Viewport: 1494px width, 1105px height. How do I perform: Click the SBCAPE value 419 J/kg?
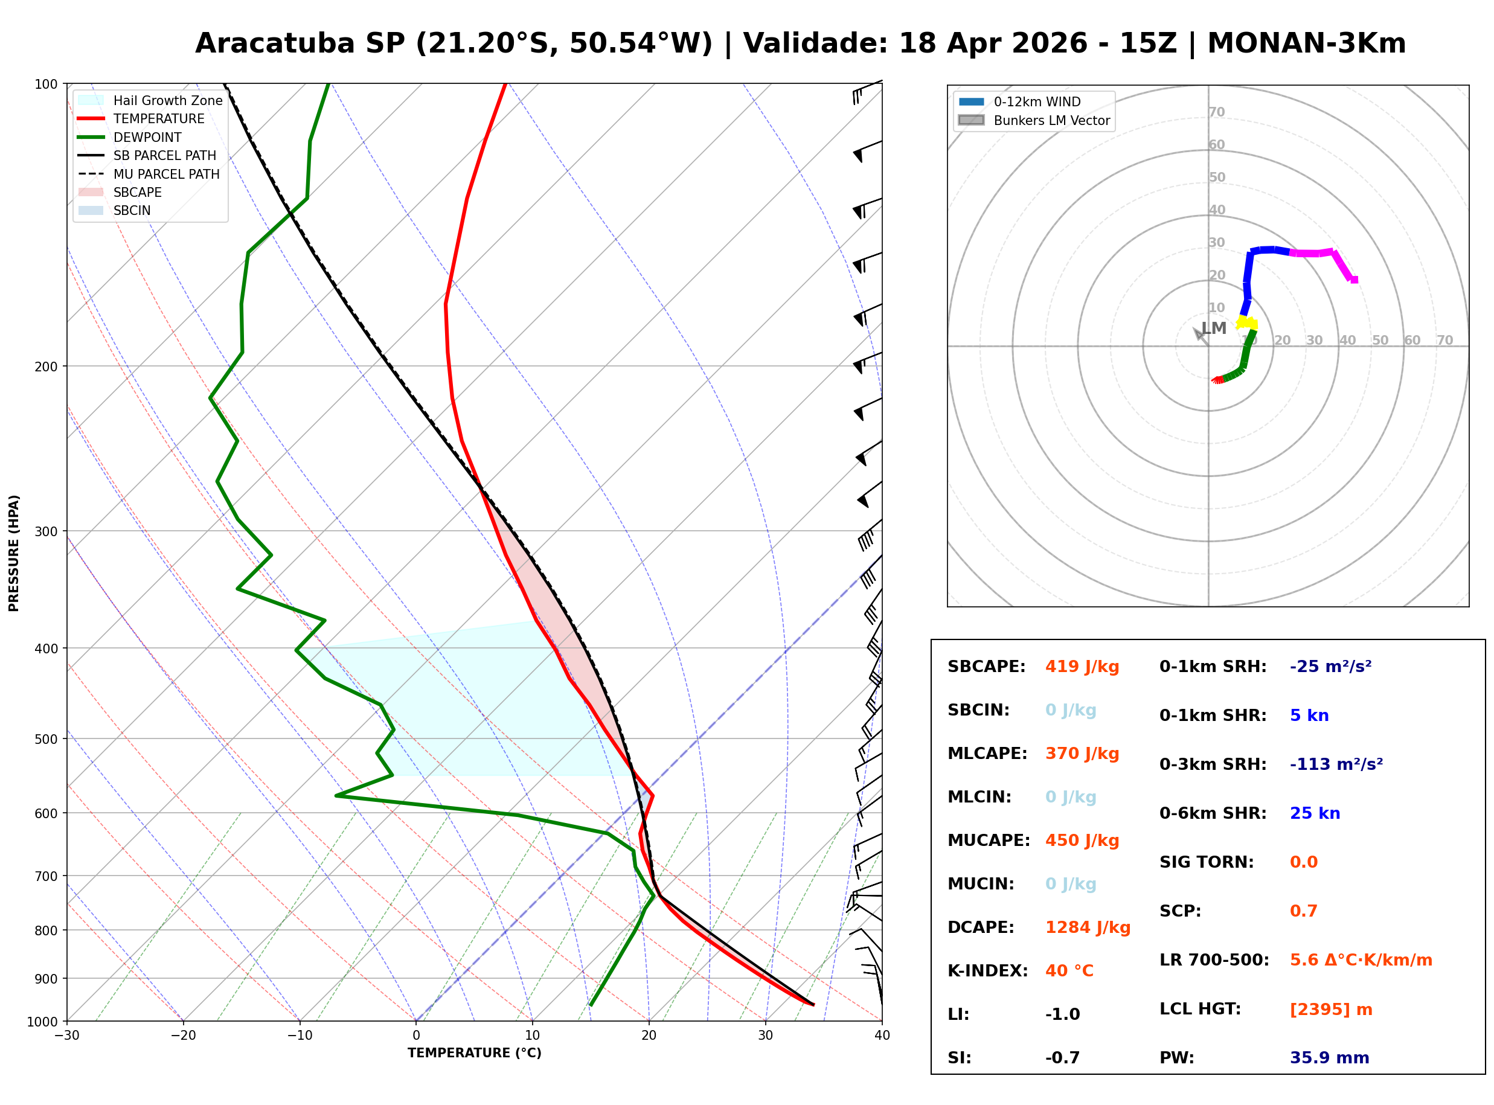tap(1082, 667)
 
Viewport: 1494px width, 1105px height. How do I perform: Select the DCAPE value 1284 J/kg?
tap(1088, 927)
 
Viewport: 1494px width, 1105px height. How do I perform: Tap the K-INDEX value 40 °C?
tap(1069, 971)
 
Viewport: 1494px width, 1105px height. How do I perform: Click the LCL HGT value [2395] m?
tap(1330, 1010)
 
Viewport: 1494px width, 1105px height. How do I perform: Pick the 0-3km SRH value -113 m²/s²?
tap(1336, 764)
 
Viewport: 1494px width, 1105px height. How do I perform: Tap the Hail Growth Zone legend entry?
tap(167, 100)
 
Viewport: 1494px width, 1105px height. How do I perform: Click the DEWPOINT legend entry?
tap(147, 137)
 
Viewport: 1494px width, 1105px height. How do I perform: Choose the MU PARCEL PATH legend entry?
tap(166, 174)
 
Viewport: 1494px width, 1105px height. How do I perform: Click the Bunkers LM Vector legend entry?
tap(1051, 120)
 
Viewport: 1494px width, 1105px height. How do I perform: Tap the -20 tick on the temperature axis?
tap(183, 1036)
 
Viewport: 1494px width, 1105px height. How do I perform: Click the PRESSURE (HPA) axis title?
tap(14, 553)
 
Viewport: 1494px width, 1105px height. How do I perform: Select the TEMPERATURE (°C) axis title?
tap(474, 1054)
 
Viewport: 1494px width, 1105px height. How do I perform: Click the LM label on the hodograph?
tap(1213, 328)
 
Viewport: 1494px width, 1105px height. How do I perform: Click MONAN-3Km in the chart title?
tap(1306, 43)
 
